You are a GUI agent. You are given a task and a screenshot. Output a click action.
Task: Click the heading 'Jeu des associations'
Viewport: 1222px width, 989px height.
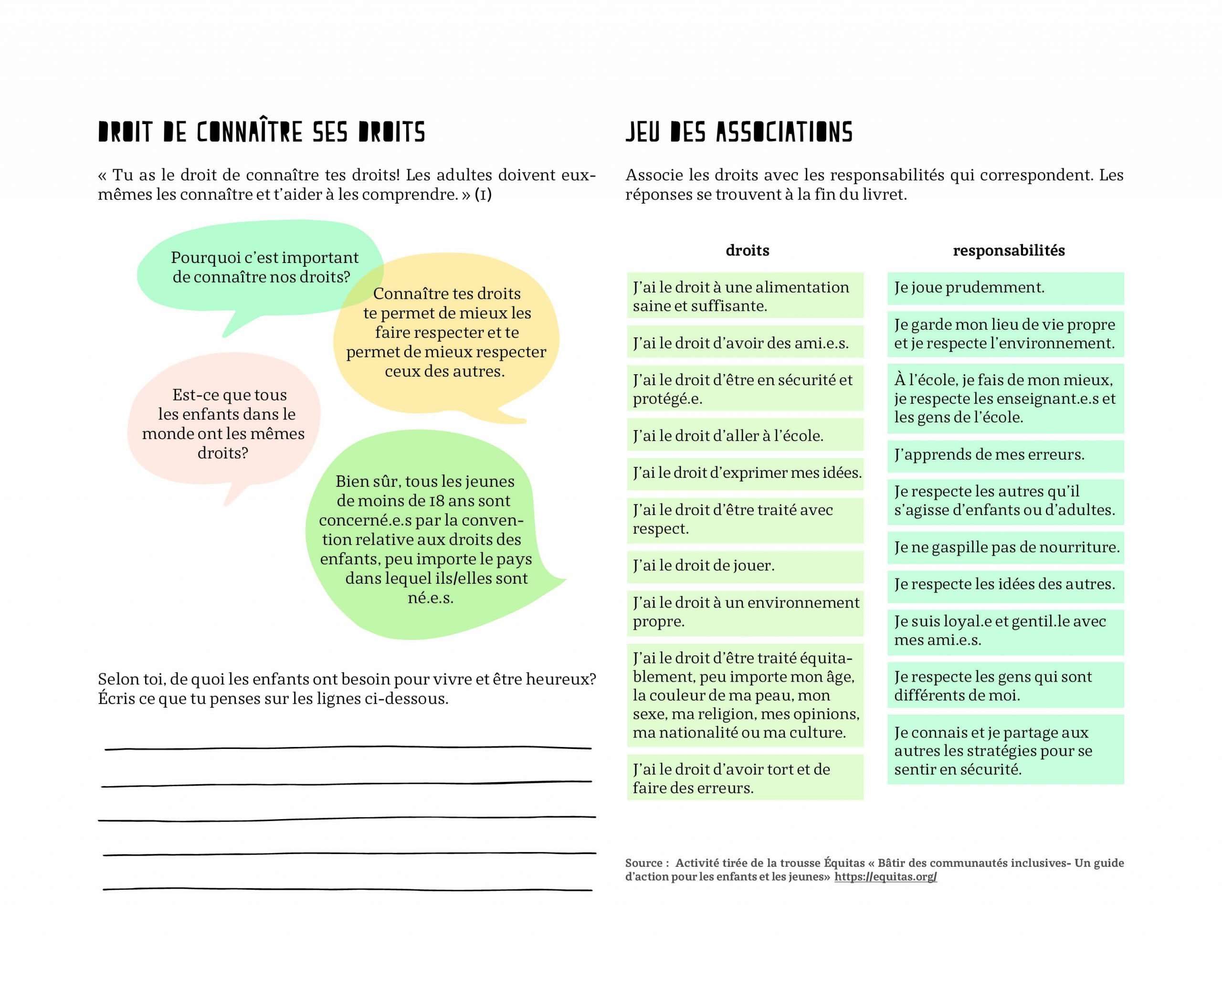click(x=738, y=132)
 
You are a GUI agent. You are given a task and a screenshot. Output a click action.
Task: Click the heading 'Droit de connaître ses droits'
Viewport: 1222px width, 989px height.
click(x=262, y=132)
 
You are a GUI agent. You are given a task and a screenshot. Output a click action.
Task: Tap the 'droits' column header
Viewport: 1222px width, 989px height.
click(x=747, y=250)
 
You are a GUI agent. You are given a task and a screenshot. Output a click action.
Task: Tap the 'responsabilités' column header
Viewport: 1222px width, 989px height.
click(x=1008, y=250)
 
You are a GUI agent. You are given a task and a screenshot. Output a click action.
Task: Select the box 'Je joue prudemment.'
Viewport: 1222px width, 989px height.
click(x=1005, y=288)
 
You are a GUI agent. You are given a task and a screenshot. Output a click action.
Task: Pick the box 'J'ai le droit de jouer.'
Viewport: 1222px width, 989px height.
click(x=745, y=566)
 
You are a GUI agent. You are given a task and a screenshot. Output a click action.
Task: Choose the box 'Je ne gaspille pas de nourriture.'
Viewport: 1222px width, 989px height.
click(x=1005, y=547)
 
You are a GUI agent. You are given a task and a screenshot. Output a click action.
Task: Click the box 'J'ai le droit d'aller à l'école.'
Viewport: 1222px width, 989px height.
click(x=745, y=436)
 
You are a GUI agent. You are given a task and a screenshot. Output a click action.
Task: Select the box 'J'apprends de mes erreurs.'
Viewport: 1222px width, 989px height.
click(x=1005, y=454)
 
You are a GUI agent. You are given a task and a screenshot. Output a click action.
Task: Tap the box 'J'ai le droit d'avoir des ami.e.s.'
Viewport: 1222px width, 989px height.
click(x=745, y=343)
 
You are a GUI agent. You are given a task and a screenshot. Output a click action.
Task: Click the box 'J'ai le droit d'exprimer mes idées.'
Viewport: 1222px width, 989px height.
click(x=745, y=473)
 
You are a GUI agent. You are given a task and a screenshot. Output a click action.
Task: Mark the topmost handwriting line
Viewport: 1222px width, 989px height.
click(x=348, y=747)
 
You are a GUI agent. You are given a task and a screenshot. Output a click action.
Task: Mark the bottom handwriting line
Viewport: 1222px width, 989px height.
click(x=348, y=889)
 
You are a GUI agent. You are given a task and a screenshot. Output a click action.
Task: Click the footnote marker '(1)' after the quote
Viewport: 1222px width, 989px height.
click(x=483, y=195)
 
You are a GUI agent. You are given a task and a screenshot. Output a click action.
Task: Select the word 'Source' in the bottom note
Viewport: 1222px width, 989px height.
click(x=643, y=863)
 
